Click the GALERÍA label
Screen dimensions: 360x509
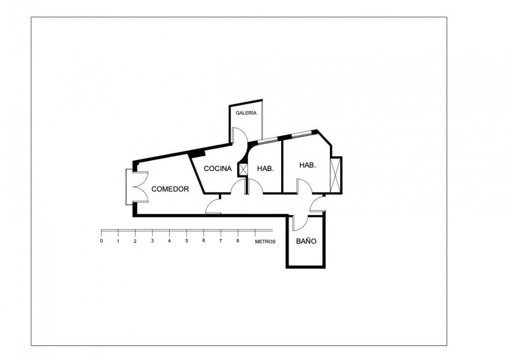pyautogui.click(x=246, y=113)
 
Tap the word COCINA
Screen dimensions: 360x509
pyautogui.click(x=217, y=168)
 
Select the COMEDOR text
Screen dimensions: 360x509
pyautogui.click(x=170, y=189)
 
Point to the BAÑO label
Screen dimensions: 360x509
pyautogui.click(x=306, y=241)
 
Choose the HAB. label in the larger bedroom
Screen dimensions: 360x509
pyautogui.click(x=307, y=165)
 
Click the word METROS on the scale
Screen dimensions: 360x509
pyautogui.click(x=265, y=242)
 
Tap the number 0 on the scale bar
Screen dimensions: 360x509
pyautogui.click(x=101, y=241)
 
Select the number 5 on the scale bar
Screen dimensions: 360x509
pyautogui.click(x=187, y=241)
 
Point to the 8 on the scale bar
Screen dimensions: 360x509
pyautogui.click(x=238, y=241)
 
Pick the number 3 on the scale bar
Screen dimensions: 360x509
pyautogui.click(x=152, y=241)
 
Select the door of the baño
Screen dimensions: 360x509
pyautogui.click(x=300, y=223)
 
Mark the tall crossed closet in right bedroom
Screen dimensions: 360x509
pyautogui.click(x=336, y=175)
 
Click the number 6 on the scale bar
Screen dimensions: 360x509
pyautogui.click(x=203, y=241)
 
